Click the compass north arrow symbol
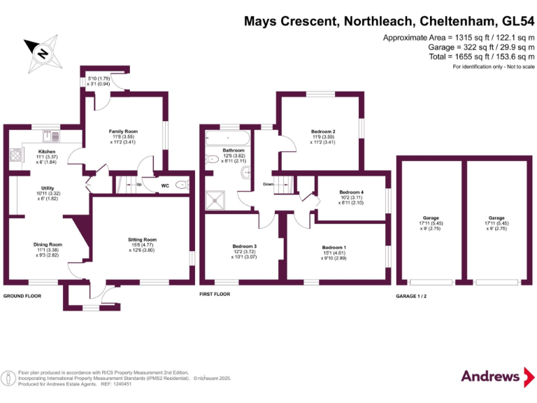42,54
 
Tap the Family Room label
122,131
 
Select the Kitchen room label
47,151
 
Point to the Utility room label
47,188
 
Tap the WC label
165,185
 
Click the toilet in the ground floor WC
181,185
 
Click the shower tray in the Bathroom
218,199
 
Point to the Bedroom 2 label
323,131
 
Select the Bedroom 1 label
334,247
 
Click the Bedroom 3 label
245,246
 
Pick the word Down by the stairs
268,184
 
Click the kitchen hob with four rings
15,155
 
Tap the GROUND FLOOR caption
22,296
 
